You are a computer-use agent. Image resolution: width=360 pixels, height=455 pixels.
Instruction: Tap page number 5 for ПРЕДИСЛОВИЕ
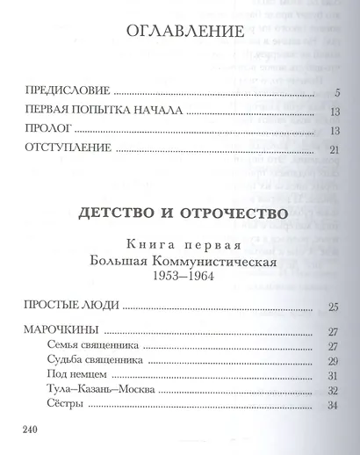pos(336,90)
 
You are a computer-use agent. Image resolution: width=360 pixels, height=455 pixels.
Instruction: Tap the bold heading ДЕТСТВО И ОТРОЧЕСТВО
pos(181,213)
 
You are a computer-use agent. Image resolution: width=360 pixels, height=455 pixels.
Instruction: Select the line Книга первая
pos(181,244)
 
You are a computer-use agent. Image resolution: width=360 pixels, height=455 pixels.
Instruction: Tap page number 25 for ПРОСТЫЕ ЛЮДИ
pos(333,307)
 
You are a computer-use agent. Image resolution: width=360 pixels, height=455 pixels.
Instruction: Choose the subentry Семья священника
pos(92,346)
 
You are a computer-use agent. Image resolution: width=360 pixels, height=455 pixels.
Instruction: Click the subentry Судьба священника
pos(95,362)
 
